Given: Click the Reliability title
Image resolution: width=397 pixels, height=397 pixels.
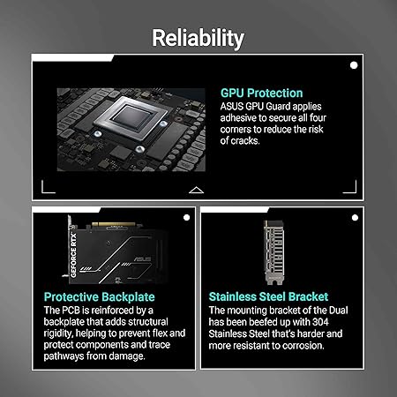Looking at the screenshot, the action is coord(198,38).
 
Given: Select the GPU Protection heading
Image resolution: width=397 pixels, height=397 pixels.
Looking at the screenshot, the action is coord(261,93).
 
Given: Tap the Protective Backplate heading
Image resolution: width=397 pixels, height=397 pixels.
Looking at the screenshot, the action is coord(100,297).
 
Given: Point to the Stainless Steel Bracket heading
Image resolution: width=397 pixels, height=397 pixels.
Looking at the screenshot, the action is coord(268,296).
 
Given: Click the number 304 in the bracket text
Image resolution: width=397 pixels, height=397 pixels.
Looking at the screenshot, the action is coord(320,322).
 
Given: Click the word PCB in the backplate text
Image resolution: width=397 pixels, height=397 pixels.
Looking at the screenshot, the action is coord(71,311).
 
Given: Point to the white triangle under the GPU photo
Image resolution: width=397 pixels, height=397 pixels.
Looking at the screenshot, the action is coord(196,190).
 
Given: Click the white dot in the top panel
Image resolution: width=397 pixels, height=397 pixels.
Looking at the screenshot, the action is coord(354,65).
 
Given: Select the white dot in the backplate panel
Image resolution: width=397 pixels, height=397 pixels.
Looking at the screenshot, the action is coord(186,218).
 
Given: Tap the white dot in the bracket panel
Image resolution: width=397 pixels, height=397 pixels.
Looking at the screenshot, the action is coord(355,218).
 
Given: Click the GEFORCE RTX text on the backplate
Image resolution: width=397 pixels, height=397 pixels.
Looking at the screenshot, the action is coord(73,255).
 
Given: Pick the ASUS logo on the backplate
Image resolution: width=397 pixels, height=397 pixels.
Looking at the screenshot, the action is coord(143,259).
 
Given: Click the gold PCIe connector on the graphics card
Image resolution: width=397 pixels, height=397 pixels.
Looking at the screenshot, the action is coord(113,225).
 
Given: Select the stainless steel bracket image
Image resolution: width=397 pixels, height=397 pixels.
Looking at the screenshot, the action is coord(274,252).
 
